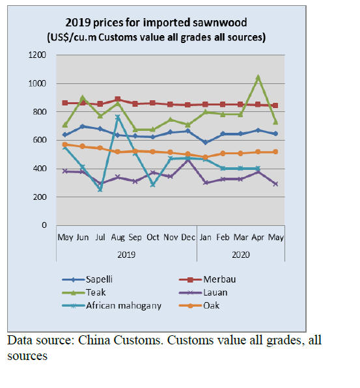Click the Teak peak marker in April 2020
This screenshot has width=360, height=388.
click(258, 78)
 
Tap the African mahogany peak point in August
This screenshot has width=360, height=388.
click(118, 117)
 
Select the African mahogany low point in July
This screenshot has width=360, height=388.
click(100, 189)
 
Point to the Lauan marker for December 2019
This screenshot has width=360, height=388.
click(188, 160)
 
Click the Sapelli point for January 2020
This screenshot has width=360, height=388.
click(205, 143)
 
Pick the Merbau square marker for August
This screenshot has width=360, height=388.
click(118, 100)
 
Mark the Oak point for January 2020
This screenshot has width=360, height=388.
click(205, 157)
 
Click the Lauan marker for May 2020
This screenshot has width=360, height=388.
click(275, 184)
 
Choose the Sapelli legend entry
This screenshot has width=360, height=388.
click(87, 279)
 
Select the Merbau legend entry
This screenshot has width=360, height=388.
click(207, 279)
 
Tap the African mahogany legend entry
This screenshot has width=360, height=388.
click(111, 305)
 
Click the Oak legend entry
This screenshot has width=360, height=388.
click(199, 305)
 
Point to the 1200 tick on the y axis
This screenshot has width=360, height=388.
click(37, 55)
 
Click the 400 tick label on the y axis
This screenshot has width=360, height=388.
click(40, 169)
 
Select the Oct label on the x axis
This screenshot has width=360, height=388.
click(153, 238)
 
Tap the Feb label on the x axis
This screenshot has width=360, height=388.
click(223, 238)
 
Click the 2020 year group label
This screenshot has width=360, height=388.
click(241, 255)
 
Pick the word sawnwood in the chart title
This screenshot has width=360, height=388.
click(220, 23)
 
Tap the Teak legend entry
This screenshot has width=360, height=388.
click(84, 292)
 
